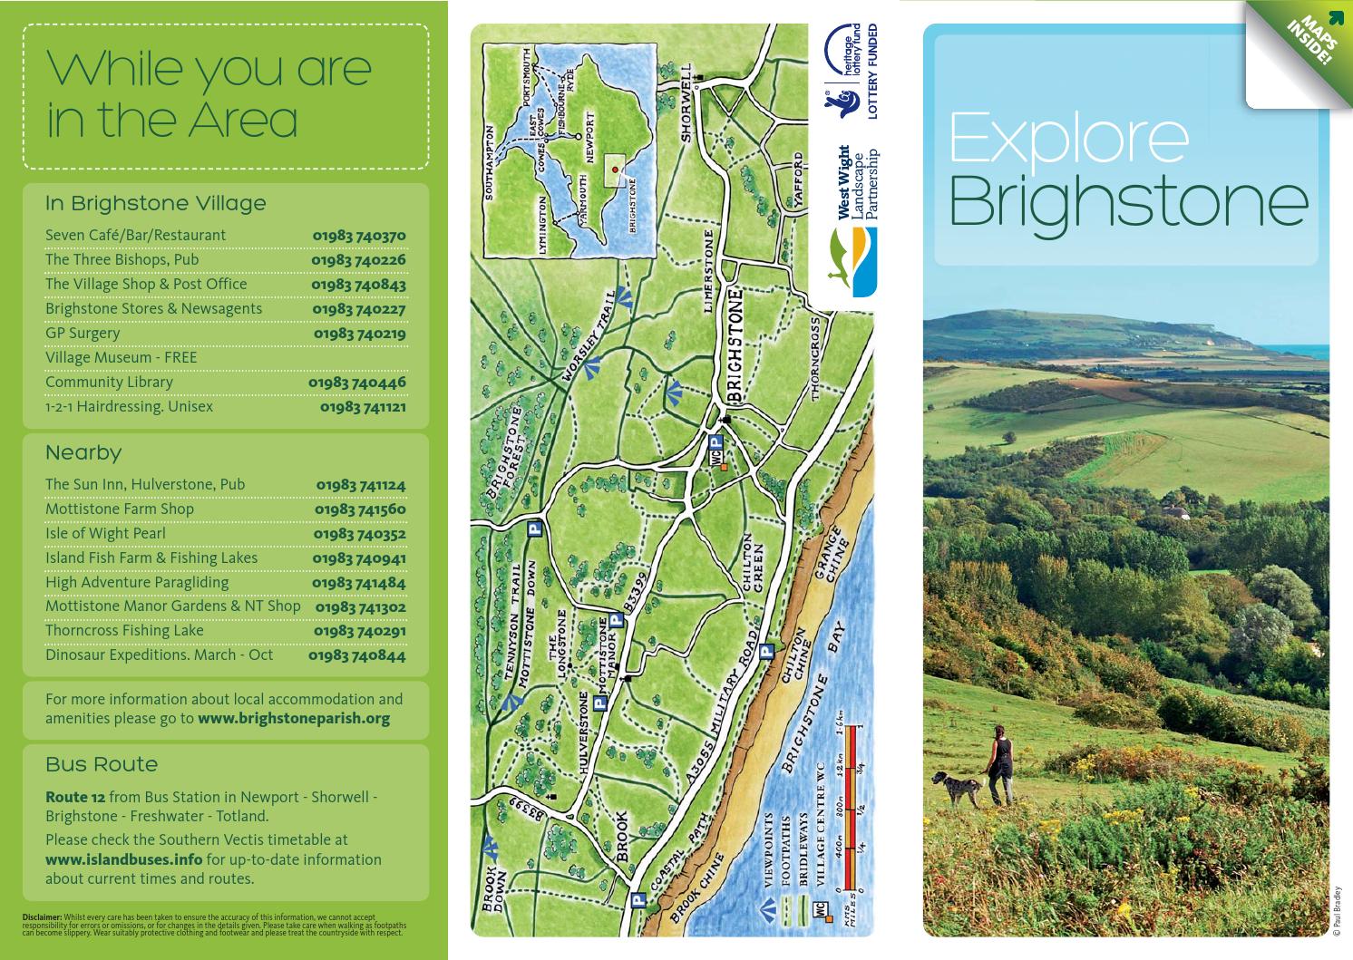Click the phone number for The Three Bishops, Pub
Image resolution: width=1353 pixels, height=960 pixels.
coord(358,260)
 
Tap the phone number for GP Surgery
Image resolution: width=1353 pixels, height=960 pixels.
coord(359,334)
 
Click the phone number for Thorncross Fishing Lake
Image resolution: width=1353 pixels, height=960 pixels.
coord(359,631)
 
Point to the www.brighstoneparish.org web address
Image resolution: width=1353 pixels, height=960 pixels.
coord(294,719)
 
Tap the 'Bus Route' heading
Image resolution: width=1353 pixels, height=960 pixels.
coord(102,764)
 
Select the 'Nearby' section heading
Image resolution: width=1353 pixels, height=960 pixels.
coord(83,452)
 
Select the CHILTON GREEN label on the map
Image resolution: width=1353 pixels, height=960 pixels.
coord(754,568)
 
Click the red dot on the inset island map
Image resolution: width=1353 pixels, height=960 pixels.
coord(614,170)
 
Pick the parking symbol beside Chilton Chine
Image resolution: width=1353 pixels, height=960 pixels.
coord(766,650)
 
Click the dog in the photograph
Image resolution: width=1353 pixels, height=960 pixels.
coord(958,788)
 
